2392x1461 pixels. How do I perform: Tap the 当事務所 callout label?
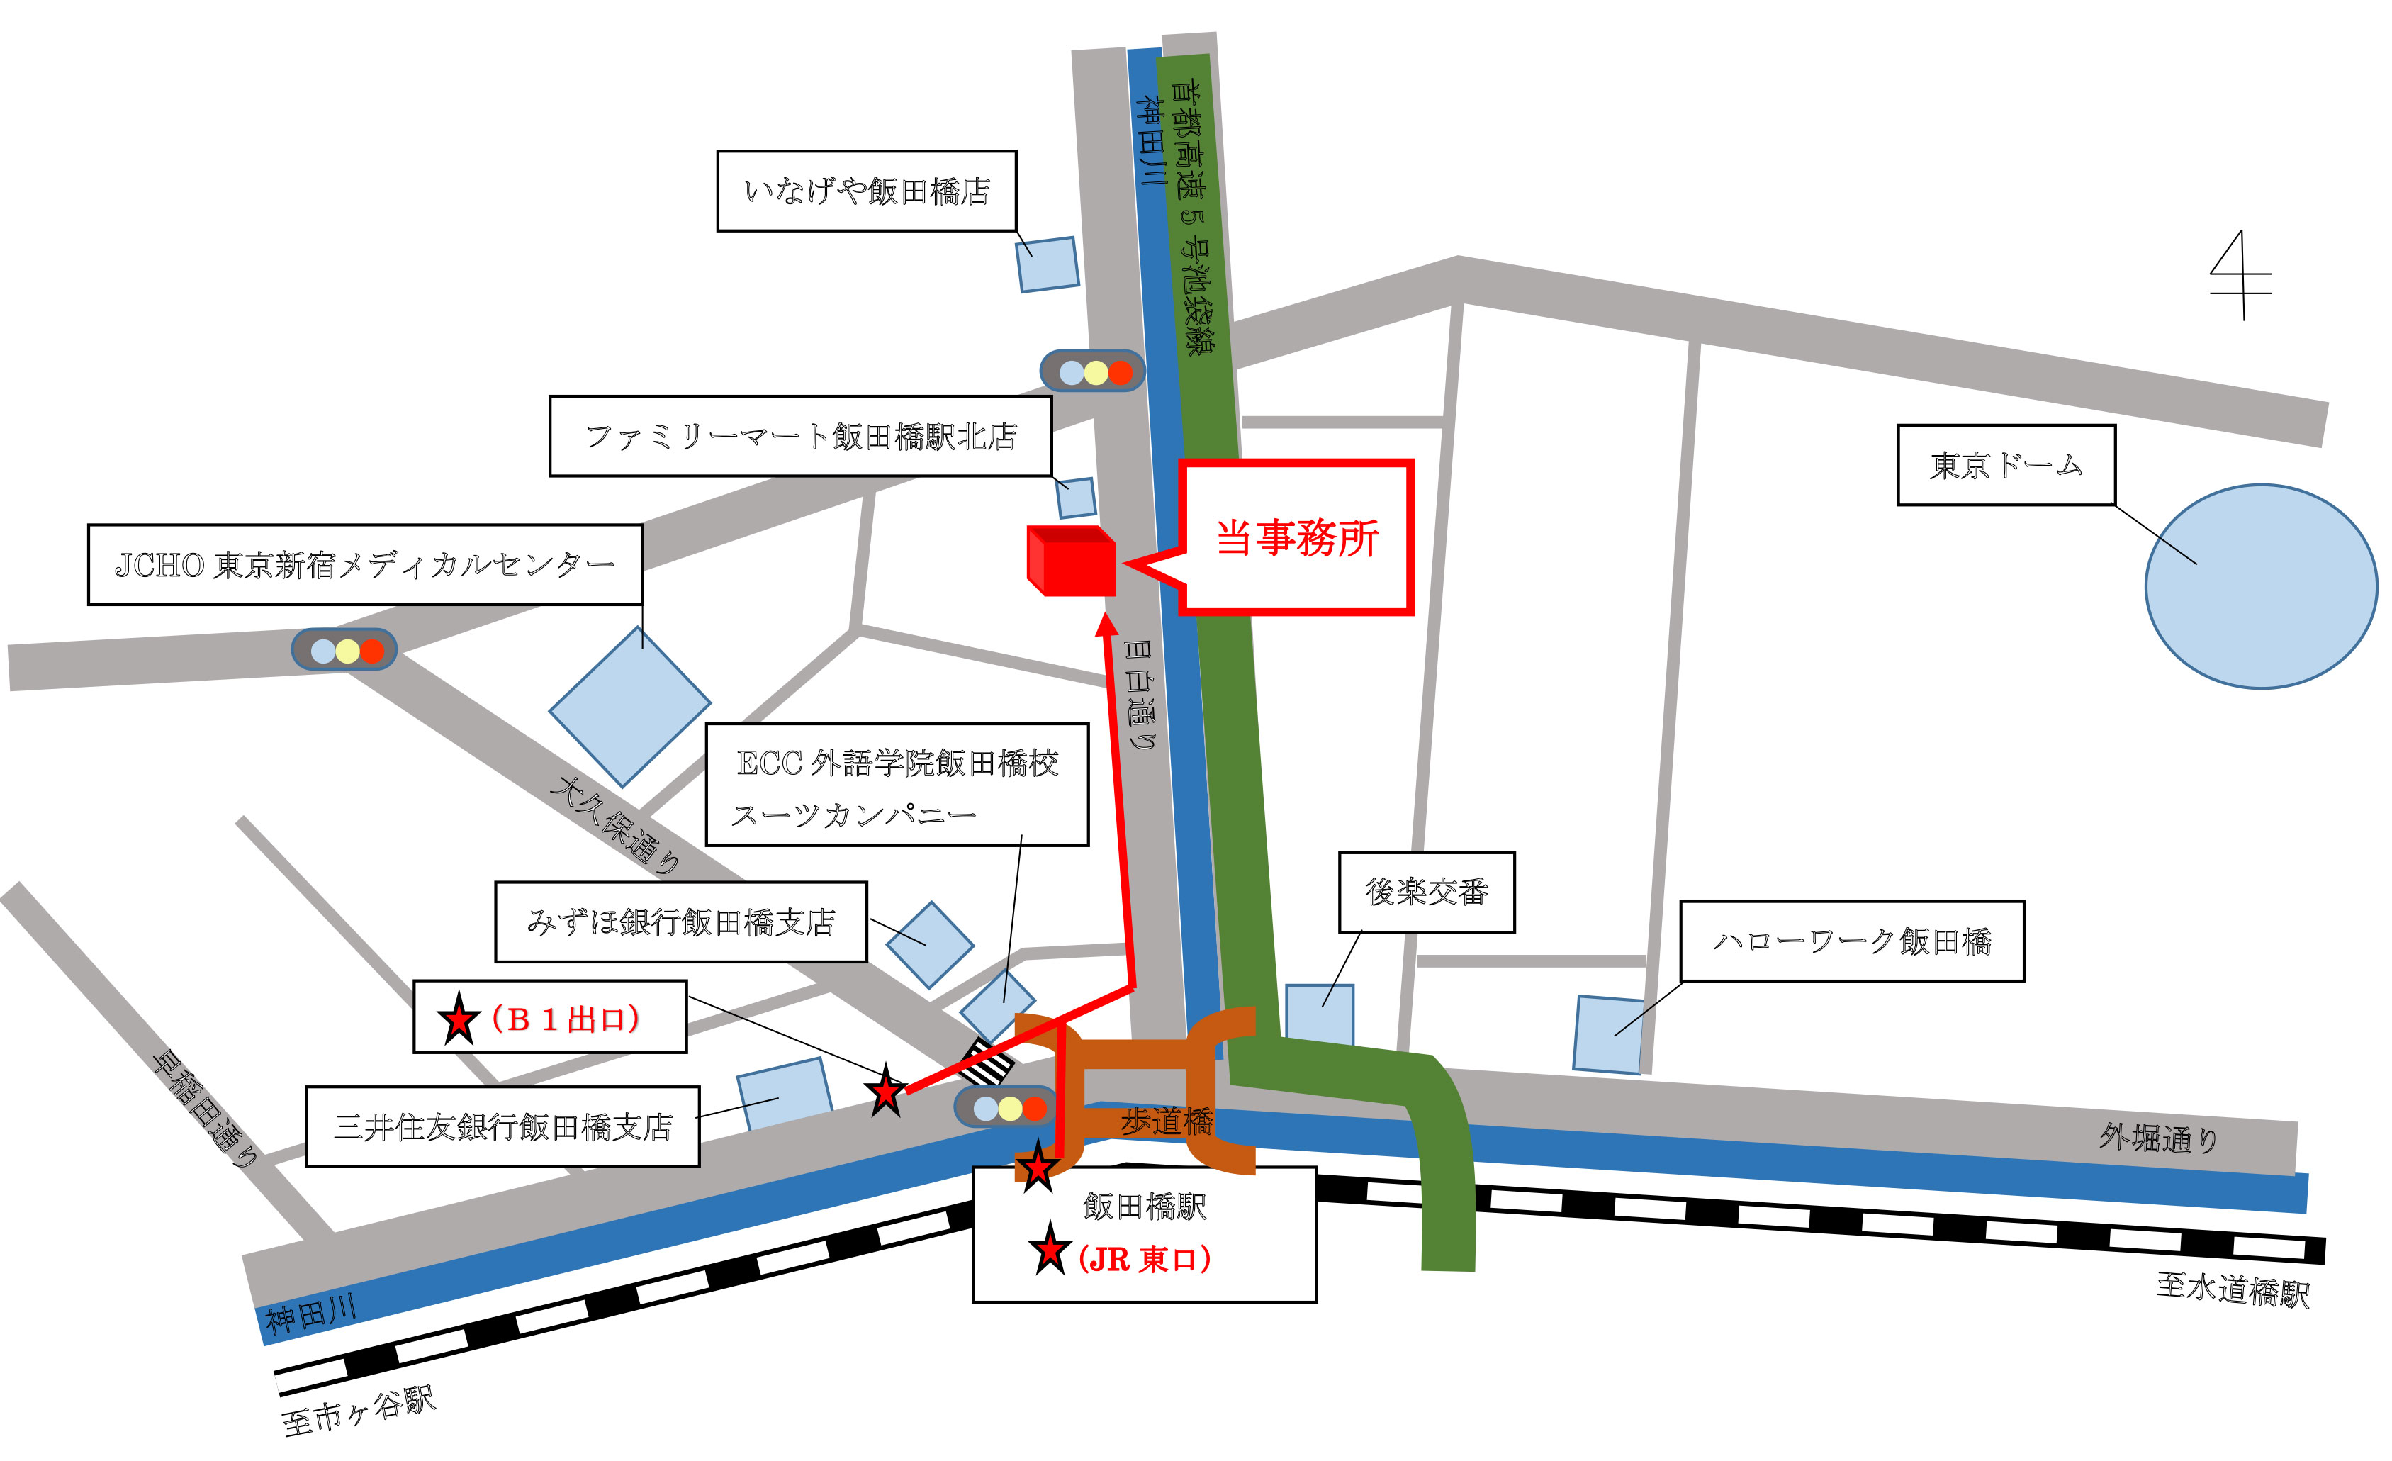pyautogui.click(x=1296, y=538)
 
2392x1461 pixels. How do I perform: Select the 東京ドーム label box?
pyautogui.click(x=2006, y=465)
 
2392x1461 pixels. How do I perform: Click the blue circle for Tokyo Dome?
pyautogui.click(x=2260, y=586)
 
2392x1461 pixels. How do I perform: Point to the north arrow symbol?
pyautogui.click(x=2240, y=276)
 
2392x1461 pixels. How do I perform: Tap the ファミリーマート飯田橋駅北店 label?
pyautogui.click(x=800, y=436)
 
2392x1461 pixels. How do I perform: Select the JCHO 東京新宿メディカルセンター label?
pyautogui.click(x=365, y=565)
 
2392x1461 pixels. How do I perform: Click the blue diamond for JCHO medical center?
pyautogui.click(x=630, y=707)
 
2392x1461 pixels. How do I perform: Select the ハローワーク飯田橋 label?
pyautogui.click(x=1851, y=941)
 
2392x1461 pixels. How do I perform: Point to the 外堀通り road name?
pyautogui.click(x=2158, y=1137)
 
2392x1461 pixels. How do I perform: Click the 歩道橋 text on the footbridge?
pyautogui.click(x=1166, y=1121)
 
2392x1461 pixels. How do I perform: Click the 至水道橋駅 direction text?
pyautogui.click(x=2233, y=1290)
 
